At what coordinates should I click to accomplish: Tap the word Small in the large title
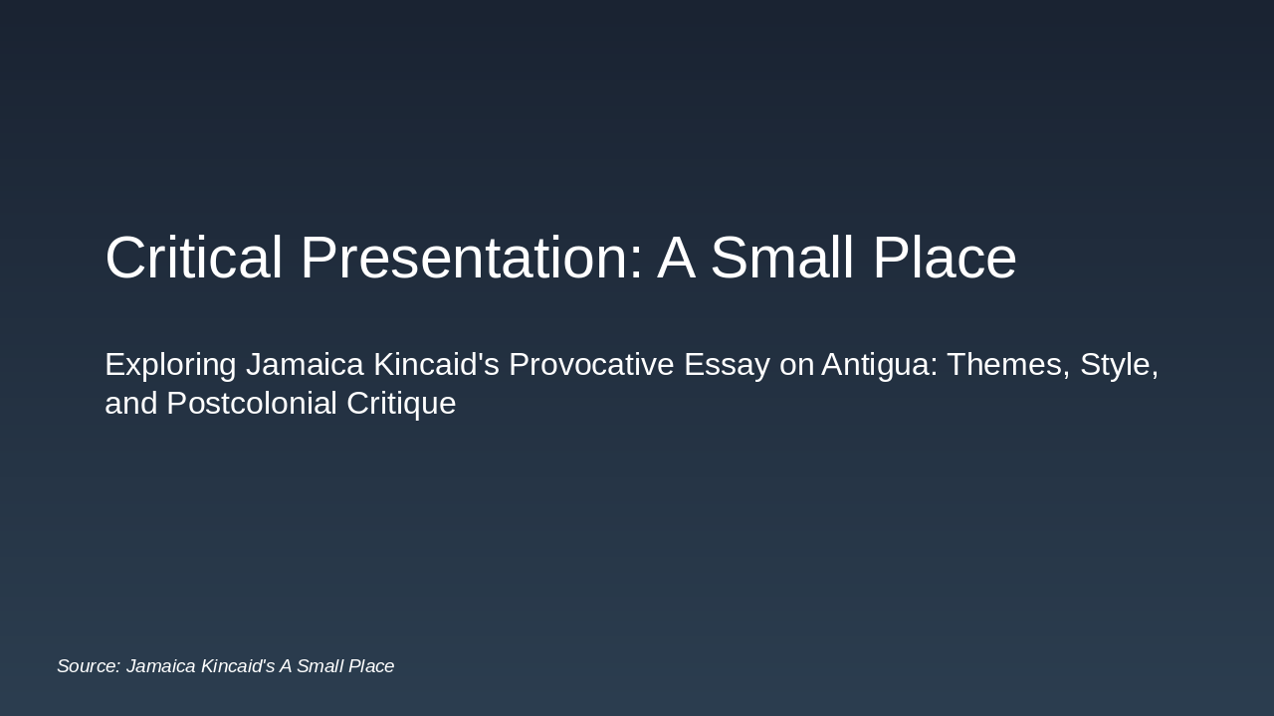784,258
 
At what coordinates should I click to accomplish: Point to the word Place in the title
944,258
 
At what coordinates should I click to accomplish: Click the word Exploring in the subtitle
170,365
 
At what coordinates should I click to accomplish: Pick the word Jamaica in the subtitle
305,365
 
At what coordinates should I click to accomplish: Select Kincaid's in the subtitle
436,365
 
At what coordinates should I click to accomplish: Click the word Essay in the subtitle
727,365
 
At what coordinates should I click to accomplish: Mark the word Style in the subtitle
1119,365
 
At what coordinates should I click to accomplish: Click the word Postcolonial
252,404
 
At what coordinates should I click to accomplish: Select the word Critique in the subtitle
401,404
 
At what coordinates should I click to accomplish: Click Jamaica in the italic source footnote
160,666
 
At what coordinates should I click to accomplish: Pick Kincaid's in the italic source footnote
237,666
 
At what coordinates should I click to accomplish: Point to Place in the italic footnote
369,666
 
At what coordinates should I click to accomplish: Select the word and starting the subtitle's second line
130,404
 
